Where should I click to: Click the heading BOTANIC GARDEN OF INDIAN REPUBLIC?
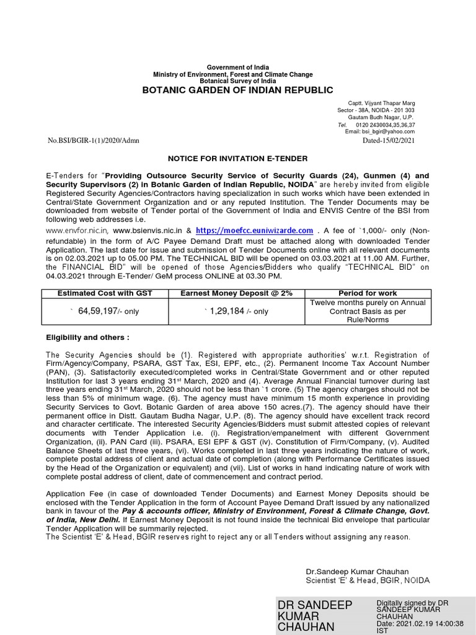coord(238,91)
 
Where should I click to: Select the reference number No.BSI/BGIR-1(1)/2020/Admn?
coord(94,141)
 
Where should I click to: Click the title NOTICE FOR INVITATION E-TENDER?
coord(238,159)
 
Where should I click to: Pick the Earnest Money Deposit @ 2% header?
coord(236,293)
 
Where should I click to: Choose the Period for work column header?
coord(368,293)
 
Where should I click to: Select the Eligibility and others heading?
coord(88,337)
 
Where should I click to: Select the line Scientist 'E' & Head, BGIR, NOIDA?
coord(368,580)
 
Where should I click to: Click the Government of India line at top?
coord(238,68)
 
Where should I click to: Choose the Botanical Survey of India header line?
coord(238,81)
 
